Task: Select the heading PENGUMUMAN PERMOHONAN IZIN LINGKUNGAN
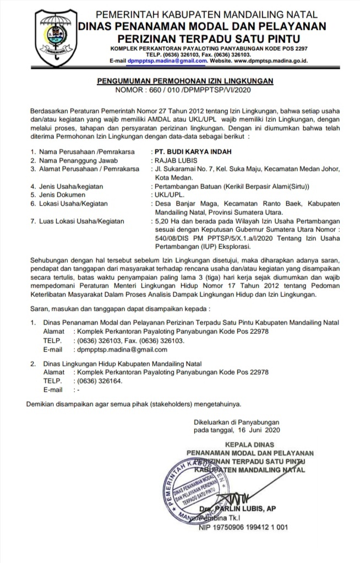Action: point(185,80)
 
